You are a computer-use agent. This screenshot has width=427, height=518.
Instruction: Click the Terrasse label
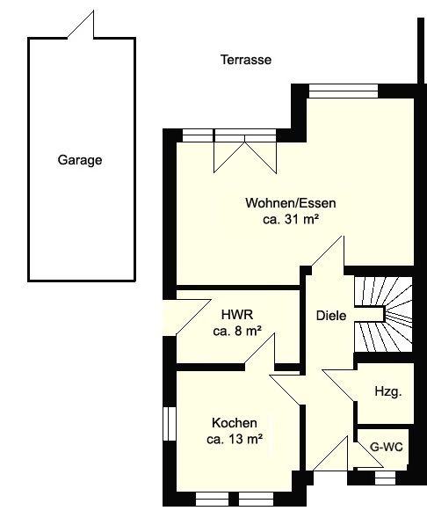coord(246,60)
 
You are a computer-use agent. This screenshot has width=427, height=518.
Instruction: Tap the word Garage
coord(80,160)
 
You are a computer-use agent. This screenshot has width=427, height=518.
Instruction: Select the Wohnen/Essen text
coord(291,203)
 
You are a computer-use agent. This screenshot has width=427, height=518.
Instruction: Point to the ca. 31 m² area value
coord(291,219)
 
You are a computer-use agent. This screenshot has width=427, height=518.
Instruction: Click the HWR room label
coord(237,315)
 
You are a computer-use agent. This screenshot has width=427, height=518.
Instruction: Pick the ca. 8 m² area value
coord(237,331)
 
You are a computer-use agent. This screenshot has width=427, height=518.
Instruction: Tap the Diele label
coord(331,316)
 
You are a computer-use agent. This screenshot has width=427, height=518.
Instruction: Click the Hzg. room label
coord(388,391)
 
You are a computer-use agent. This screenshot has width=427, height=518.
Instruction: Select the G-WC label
coord(387,447)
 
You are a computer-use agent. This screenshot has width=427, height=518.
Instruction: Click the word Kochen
coord(235,423)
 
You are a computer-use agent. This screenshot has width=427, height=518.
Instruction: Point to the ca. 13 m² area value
coord(235,439)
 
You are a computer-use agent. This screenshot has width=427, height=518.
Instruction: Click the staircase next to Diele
coord(383,314)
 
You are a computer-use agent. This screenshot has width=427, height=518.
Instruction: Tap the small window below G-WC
coord(385,478)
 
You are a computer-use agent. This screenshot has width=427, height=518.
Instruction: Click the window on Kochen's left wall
coord(170,424)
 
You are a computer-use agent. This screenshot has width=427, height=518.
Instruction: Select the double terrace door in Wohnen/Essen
coord(245,151)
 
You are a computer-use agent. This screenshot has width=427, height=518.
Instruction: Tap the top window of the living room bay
coord(344,91)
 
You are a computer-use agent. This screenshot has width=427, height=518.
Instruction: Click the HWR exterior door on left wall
coord(187,317)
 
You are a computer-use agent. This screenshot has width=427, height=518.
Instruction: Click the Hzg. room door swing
coord(339,386)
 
